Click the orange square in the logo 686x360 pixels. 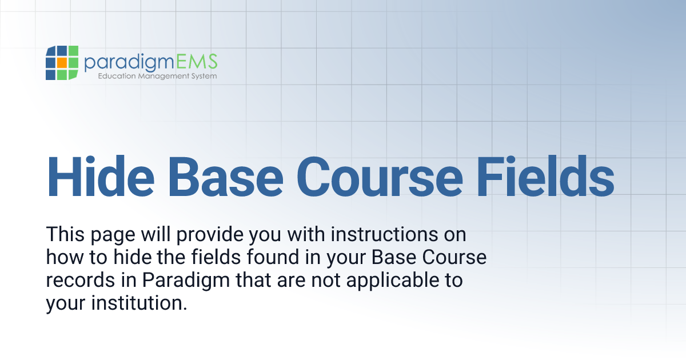click(x=62, y=63)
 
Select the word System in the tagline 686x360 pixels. click(x=203, y=76)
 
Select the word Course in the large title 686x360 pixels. click(x=380, y=176)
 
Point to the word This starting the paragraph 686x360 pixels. click(x=65, y=234)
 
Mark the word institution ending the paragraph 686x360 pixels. click(x=140, y=303)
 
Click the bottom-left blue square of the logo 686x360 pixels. click(x=50, y=74)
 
